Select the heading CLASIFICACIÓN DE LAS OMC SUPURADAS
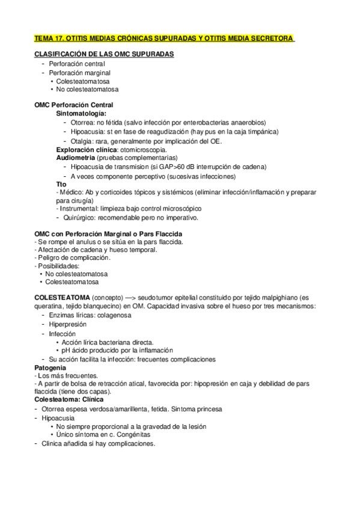pyautogui.click(x=104, y=54)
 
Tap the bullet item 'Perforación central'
pyautogui.click(x=77, y=63)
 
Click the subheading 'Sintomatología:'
pyautogui.click(x=81, y=113)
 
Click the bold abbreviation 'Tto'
pyautogui.click(x=61, y=184)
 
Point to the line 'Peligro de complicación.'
pyautogui.click(x=73, y=257)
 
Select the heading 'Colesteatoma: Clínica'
pyautogui.click(x=69, y=399)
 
